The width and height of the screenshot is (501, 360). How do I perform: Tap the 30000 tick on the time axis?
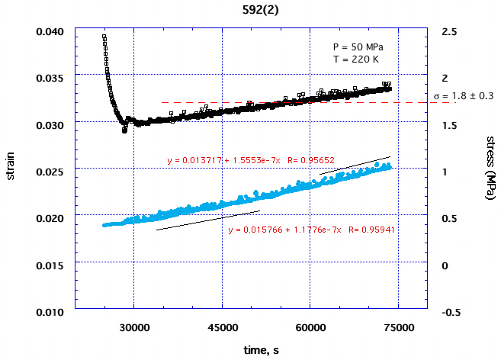[x=133, y=327]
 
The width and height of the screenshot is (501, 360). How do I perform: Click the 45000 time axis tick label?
[x=222, y=327]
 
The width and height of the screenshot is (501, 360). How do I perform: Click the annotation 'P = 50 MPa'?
[x=358, y=47]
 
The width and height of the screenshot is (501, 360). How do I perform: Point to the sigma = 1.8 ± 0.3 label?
[x=464, y=96]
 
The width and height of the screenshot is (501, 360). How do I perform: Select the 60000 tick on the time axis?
[x=310, y=327]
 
